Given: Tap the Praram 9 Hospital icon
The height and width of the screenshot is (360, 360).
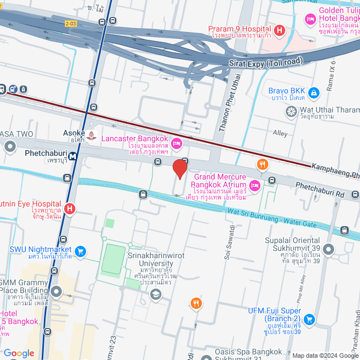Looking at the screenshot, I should point(280,29).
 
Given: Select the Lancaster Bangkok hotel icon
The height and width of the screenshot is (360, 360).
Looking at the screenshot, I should point(176,143).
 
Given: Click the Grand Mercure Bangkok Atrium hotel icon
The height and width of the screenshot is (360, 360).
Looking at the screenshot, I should point(254,184).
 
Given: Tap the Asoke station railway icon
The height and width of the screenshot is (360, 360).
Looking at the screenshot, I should point(92,135).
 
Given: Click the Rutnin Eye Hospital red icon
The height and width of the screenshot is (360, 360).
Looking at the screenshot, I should point(70,209).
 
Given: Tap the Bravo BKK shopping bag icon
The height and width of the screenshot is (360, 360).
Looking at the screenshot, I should point(314,91).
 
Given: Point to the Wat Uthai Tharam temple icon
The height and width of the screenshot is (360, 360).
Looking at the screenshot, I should point(291,112).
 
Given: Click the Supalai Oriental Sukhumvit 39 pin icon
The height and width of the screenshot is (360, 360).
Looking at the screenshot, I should point(329,249).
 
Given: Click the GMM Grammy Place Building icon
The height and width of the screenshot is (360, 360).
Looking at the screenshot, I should point(56,292).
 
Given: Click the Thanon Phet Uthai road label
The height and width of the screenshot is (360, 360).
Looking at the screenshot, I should point(228,107).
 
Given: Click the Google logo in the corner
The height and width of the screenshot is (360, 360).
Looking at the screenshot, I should point(18,353).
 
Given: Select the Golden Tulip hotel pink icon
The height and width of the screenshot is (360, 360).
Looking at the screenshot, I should point(310,20).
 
